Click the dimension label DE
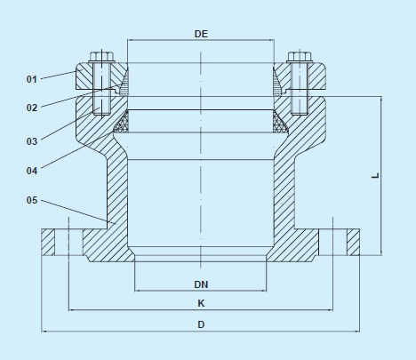(201, 33)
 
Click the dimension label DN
(201, 284)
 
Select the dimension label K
(201, 303)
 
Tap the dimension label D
(201, 324)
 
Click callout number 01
(31, 79)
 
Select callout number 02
(31, 108)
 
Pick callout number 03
(31, 140)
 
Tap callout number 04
(31, 169)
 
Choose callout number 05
(31, 201)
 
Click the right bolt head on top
(298, 59)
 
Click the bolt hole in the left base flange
(68, 242)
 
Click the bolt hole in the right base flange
(333, 242)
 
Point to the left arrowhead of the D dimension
(45, 332)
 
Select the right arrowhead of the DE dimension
(270, 41)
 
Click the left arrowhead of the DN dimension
(138, 291)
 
